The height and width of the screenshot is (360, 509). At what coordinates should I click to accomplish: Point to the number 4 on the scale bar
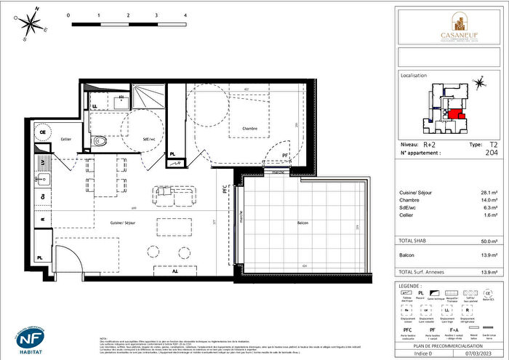(186, 15)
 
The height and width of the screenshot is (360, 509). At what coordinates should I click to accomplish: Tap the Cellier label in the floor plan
(66, 139)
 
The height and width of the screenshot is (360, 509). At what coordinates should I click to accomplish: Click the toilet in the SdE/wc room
(101, 142)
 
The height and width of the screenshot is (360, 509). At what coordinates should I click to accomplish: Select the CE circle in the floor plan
(43, 123)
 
